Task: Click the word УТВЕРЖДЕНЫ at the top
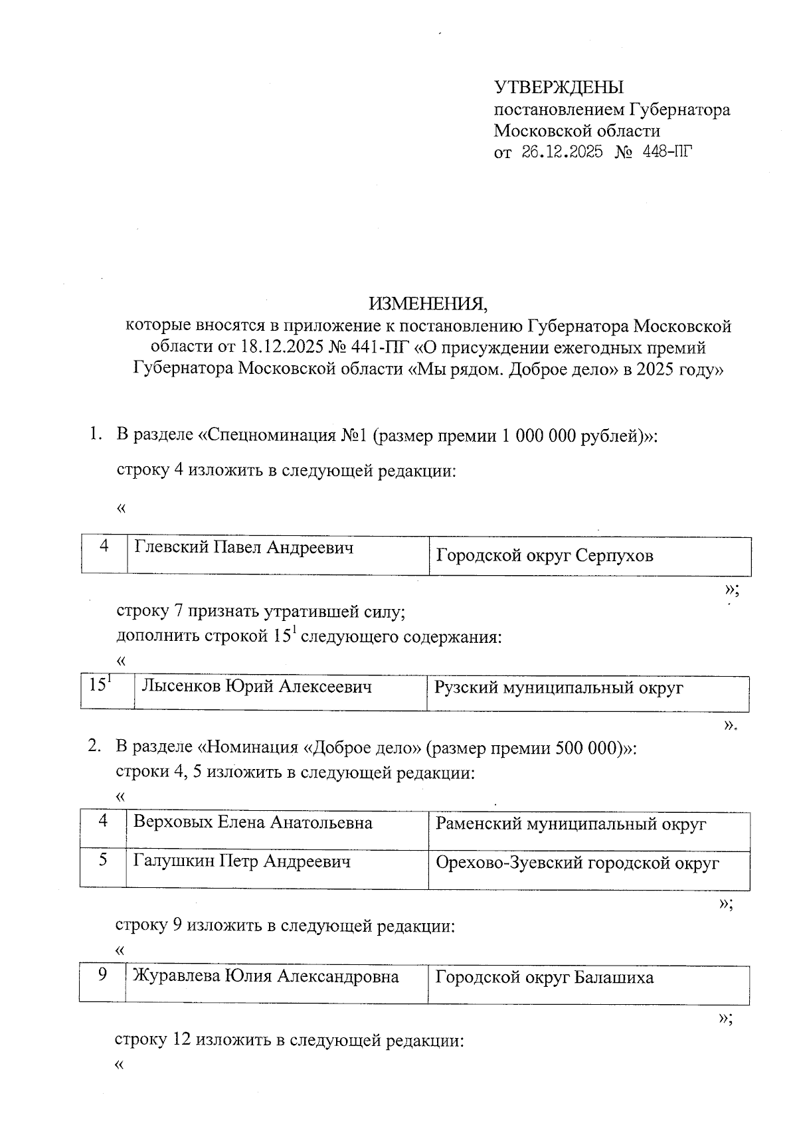click(559, 88)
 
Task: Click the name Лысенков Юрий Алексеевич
click(256, 687)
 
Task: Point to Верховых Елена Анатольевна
click(253, 823)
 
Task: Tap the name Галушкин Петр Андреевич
click(242, 861)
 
